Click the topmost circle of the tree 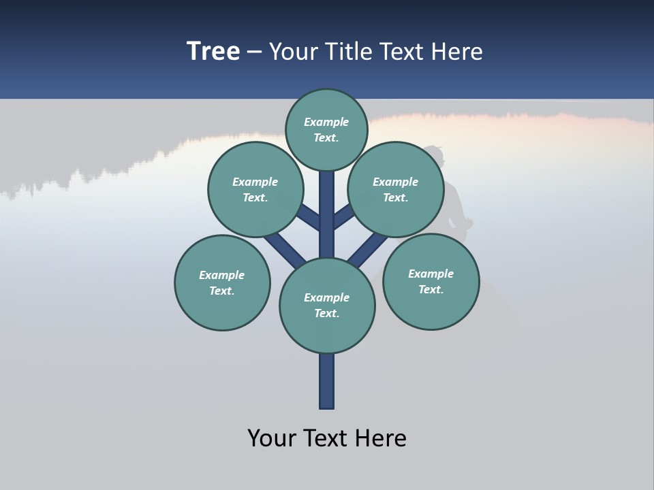pos(326,129)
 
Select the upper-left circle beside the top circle pos(255,189)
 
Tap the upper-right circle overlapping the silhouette pos(395,189)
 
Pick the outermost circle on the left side pos(222,282)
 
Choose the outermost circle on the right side pos(431,280)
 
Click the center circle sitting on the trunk pos(327,305)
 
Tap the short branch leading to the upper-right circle pos(343,216)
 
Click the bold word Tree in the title pos(213,51)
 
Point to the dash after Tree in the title pos(255,52)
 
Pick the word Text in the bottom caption pos(326,438)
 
